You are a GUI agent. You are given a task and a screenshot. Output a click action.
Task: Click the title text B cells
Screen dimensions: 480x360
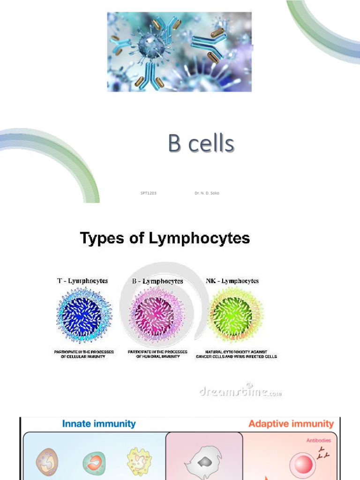(x=201, y=144)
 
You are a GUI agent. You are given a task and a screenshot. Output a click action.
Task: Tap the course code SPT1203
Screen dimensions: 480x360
(x=148, y=193)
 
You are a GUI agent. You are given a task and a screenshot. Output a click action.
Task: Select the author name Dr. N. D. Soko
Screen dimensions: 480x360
(x=207, y=193)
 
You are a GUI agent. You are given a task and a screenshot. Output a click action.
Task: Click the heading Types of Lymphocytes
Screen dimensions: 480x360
(x=165, y=239)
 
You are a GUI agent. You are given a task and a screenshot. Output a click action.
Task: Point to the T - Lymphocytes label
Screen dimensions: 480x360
(x=82, y=281)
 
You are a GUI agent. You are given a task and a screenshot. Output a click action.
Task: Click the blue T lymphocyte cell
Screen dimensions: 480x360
(x=84, y=315)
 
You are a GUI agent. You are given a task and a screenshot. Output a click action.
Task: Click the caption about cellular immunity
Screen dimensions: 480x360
(x=84, y=354)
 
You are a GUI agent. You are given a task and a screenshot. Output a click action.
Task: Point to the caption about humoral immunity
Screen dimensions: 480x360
(x=157, y=354)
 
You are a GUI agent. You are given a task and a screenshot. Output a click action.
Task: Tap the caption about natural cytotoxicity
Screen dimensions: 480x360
(x=236, y=354)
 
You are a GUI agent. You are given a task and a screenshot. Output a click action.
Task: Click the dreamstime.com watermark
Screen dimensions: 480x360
(x=240, y=391)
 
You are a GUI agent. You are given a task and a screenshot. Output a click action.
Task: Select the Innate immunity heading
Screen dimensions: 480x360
(x=99, y=424)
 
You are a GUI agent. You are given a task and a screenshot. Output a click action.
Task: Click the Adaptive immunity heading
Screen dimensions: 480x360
(x=291, y=424)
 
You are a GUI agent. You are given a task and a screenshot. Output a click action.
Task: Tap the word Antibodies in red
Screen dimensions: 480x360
(x=319, y=440)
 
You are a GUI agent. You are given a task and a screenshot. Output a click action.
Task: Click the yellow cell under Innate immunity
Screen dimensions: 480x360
(x=139, y=462)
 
